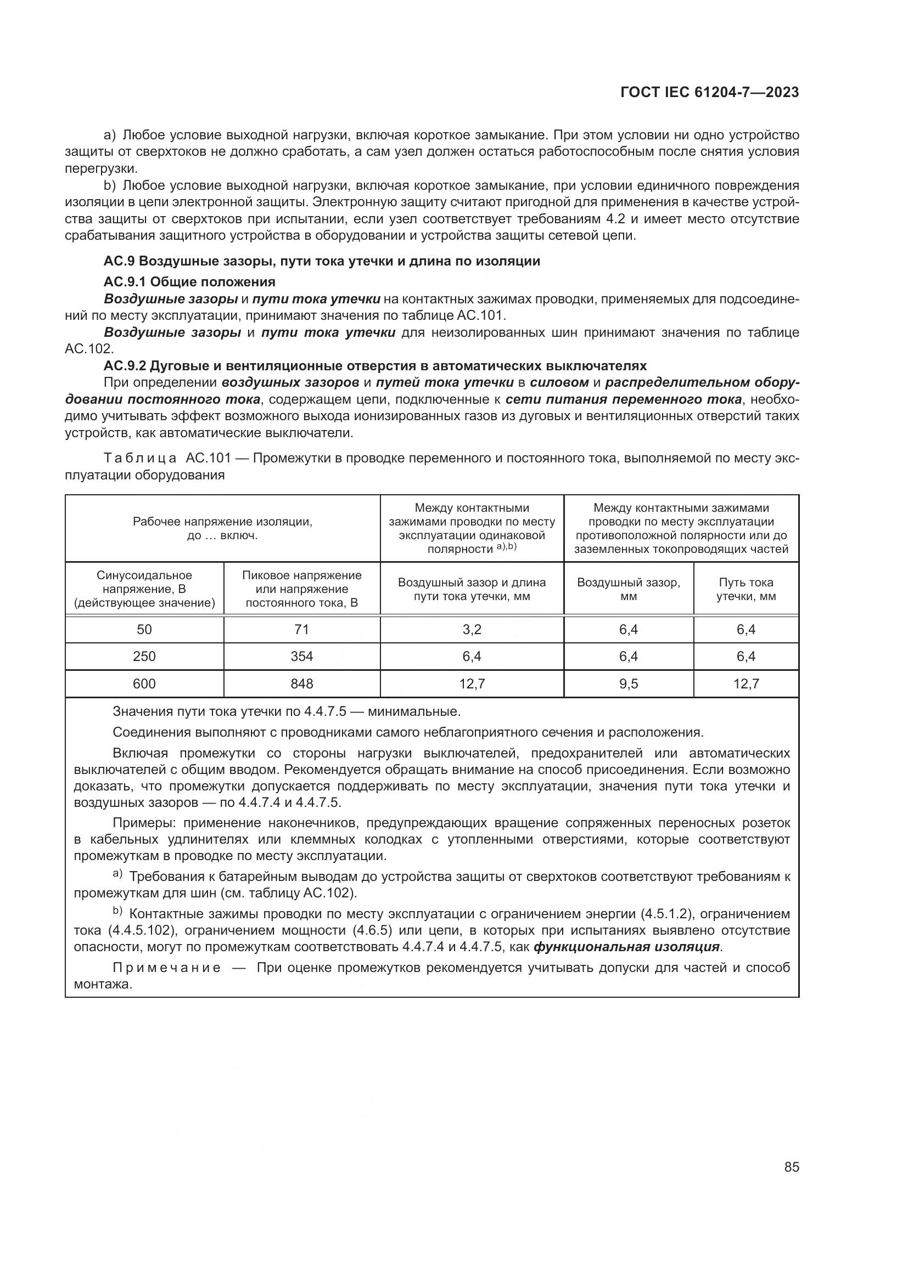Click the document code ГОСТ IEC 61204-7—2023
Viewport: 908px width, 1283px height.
(x=709, y=93)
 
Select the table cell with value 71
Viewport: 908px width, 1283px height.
(x=301, y=629)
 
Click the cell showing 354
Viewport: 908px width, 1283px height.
(x=301, y=656)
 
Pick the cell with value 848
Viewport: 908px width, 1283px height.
(x=301, y=683)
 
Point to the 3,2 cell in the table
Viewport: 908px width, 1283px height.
(x=472, y=629)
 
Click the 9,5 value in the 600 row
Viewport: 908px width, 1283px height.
(x=629, y=683)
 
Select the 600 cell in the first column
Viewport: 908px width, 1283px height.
(x=144, y=683)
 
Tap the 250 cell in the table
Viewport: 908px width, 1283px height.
(x=144, y=656)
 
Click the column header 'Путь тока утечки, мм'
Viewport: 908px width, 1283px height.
(x=746, y=589)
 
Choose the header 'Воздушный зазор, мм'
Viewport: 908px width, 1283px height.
(x=629, y=589)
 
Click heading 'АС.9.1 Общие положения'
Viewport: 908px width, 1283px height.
(x=189, y=281)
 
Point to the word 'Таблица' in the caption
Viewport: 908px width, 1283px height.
(x=141, y=458)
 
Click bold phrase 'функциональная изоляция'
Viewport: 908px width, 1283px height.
(x=626, y=947)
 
